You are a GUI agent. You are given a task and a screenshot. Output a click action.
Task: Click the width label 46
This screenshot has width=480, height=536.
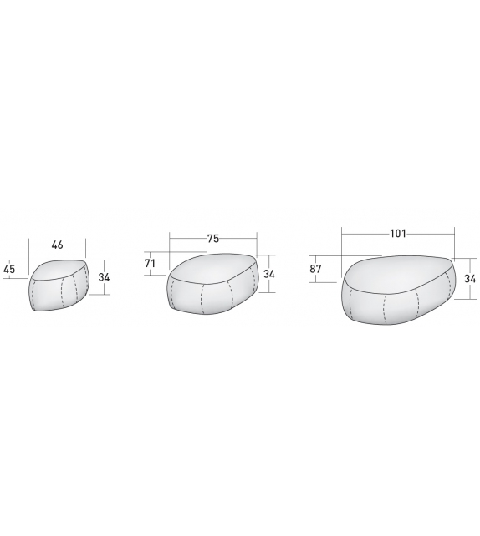58,245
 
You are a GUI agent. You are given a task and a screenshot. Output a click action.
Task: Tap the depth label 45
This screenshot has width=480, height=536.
9,269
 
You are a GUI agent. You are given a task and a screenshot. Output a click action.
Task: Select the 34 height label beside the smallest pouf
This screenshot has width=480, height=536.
104,277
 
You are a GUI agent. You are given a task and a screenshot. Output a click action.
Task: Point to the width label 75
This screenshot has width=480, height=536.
213,239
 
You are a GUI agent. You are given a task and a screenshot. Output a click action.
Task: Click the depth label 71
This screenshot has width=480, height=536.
150,263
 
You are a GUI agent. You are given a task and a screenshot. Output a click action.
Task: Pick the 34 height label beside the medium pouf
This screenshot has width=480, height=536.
269,274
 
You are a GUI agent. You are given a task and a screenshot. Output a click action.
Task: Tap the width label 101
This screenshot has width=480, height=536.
398,234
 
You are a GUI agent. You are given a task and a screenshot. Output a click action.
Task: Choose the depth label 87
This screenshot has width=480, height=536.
315,269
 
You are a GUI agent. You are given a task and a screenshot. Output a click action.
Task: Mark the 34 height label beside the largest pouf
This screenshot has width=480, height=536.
470,279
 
